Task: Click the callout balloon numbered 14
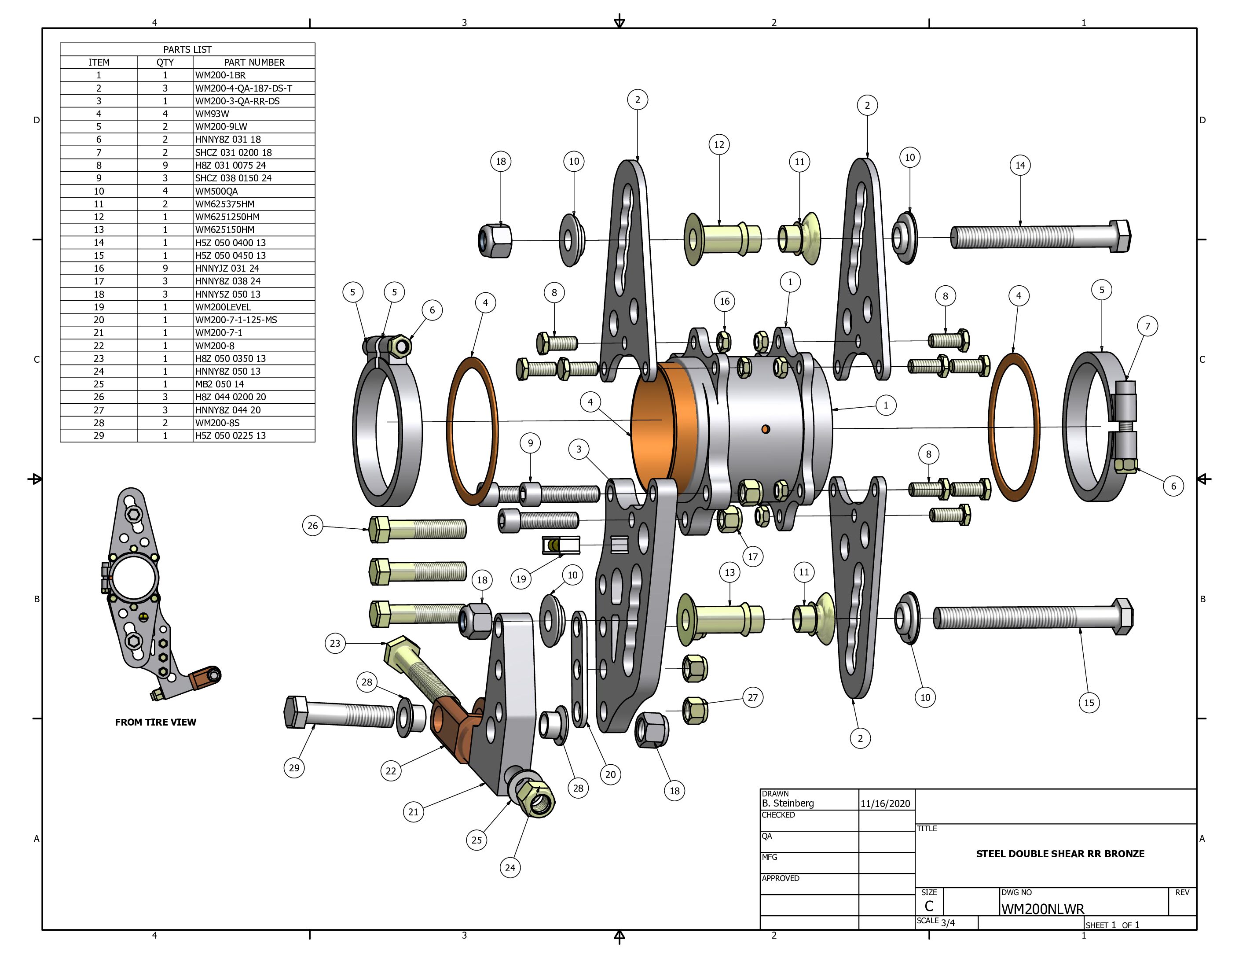click(x=1020, y=165)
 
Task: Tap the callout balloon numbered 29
click(x=294, y=768)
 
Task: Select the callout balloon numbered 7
click(x=1147, y=326)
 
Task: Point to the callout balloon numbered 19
click(x=521, y=579)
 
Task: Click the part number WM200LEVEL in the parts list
click(x=223, y=307)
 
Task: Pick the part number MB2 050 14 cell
click(x=220, y=384)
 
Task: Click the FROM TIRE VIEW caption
click(x=155, y=722)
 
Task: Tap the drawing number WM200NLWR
click(x=1042, y=909)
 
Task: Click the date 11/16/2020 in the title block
click(x=884, y=803)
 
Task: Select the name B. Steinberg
click(x=788, y=803)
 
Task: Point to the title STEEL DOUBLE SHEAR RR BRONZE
click(x=1060, y=854)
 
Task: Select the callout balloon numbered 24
click(x=510, y=867)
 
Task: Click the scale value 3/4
click(x=947, y=923)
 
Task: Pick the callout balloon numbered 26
click(x=312, y=526)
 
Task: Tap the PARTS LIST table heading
click(x=187, y=49)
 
